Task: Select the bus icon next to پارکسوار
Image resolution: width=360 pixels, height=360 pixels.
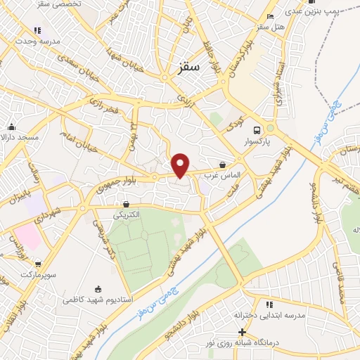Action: tap(257, 131)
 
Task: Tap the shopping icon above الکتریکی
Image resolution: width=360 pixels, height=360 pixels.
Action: tap(125, 204)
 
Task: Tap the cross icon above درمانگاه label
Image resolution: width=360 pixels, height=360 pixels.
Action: tap(243, 332)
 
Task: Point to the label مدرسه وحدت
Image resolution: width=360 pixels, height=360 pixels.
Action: tap(37, 41)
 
